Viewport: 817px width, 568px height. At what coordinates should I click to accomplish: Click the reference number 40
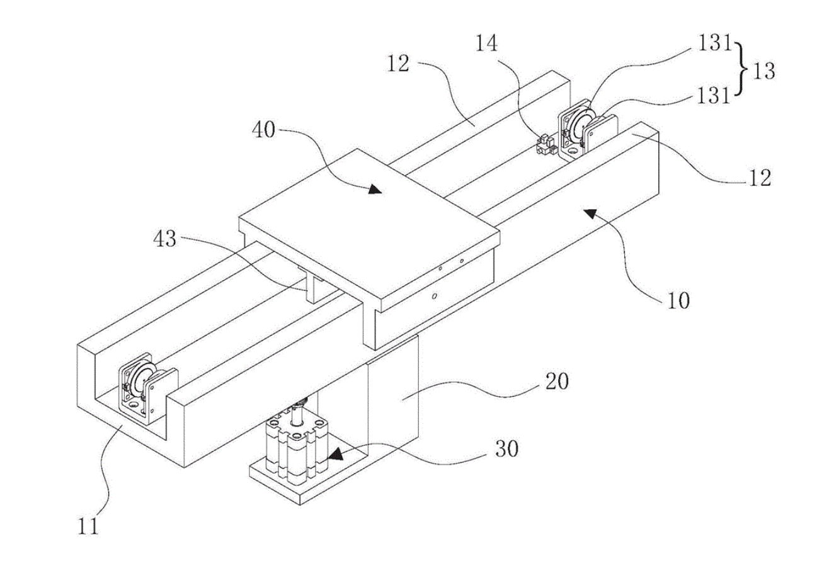(x=263, y=130)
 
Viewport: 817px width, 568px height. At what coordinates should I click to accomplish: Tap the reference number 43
(x=164, y=239)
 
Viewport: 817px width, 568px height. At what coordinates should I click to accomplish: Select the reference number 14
(x=486, y=43)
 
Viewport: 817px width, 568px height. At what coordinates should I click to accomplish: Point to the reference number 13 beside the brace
(x=763, y=71)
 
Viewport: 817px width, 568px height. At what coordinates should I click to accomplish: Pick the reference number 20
(x=557, y=382)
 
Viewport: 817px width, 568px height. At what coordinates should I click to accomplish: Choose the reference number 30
(x=506, y=449)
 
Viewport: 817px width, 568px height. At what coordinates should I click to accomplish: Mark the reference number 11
(x=88, y=526)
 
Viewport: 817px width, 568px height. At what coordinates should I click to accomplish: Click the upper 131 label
(x=714, y=43)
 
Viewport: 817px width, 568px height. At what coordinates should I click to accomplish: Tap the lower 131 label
(x=714, y=96)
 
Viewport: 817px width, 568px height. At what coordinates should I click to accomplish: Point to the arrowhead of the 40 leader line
(x=375, y=190)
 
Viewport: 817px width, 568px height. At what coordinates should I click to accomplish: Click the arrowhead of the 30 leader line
(x=335, y=454)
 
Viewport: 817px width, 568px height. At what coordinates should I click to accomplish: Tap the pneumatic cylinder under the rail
(x=295, y=446)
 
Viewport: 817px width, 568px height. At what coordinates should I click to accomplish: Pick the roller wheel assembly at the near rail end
(x=148, y=387)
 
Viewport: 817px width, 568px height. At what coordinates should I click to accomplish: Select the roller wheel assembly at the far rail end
(x=587, y=130)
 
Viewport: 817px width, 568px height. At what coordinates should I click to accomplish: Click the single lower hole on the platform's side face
(x=434, y=297)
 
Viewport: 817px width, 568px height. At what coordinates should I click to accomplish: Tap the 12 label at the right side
(x=760, y=178)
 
